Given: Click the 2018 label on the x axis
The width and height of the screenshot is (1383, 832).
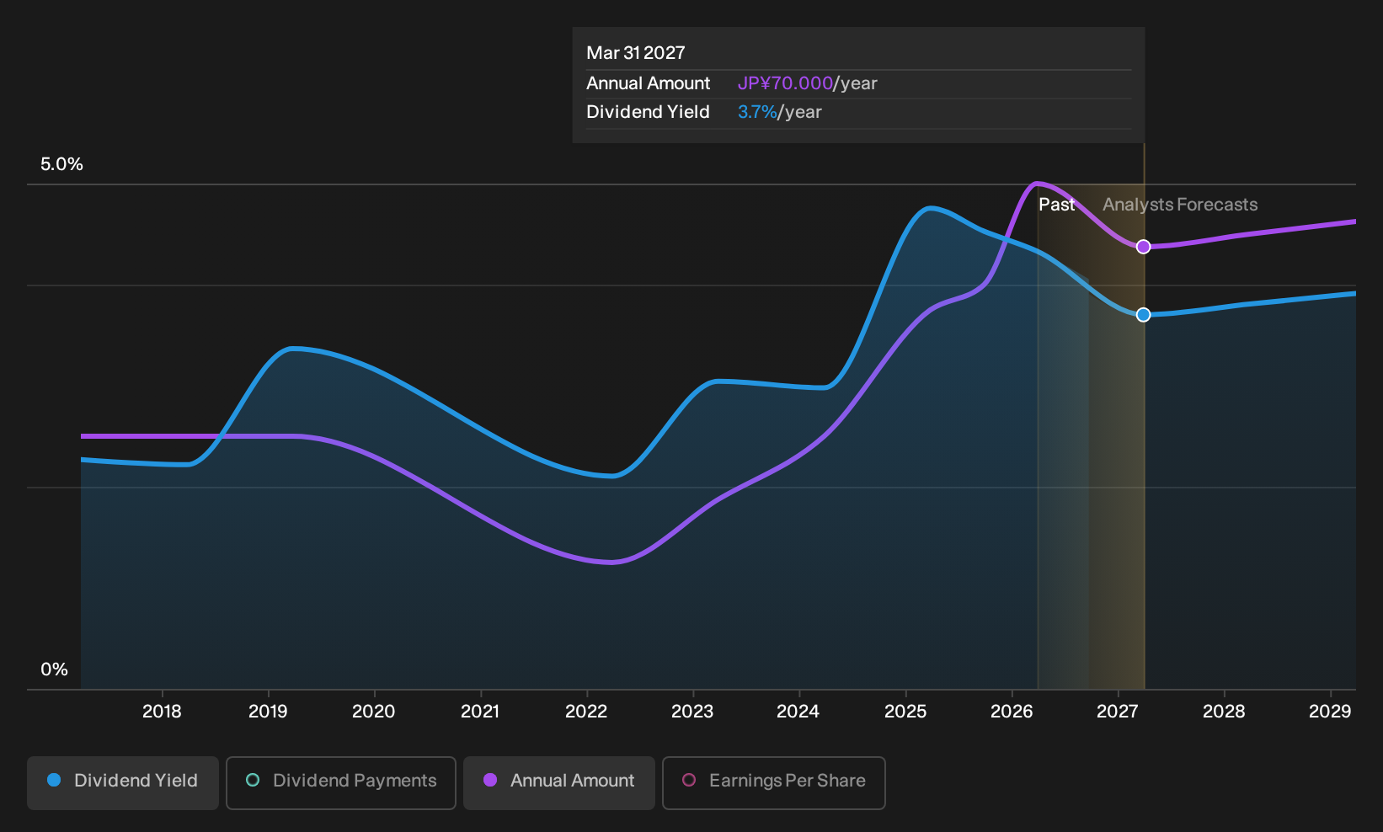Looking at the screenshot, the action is tap(162, 712).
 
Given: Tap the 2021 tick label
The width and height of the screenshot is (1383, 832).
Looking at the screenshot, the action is tap(480, 712).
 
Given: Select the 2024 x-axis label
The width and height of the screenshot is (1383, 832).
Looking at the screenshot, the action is tap(798, 712).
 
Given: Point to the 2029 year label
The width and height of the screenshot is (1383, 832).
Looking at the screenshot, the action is tap(1331, 712).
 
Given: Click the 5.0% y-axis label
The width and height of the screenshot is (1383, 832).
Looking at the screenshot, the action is tap(61, 164).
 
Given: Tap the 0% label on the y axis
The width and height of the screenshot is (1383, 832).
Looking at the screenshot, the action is tap(55, 669).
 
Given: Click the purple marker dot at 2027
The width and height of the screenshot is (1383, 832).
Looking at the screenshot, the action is tap(1144, 247).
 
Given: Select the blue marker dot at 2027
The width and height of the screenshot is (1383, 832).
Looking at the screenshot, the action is tap(1144, 315).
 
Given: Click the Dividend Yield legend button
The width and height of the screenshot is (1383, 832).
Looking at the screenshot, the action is tap(123, 782).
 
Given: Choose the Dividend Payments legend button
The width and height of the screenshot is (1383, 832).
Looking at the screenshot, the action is tap(341, 782).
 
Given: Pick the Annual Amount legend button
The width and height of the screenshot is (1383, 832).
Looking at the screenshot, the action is tap(559, 782).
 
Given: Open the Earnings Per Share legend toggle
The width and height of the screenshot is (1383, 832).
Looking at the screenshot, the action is tap(774, 782).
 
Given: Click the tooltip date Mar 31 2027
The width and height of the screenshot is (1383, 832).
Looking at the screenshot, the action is tap(635, 53).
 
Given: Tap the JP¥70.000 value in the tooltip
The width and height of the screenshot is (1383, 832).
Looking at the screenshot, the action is tap(785, 83).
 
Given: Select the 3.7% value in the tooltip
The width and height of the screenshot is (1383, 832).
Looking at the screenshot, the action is tap(757, 112).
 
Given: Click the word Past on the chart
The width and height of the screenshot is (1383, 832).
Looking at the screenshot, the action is tap(1057, 205).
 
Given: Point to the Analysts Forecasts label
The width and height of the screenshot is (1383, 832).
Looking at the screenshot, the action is tap(1180, 205).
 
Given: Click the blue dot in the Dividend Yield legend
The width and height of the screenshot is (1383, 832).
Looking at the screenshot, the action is tap(55, 780).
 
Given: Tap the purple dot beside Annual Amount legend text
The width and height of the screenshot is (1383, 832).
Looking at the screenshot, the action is tap(490, 780).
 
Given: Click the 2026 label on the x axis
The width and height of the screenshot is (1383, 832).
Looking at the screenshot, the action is tap(1012, 712).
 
